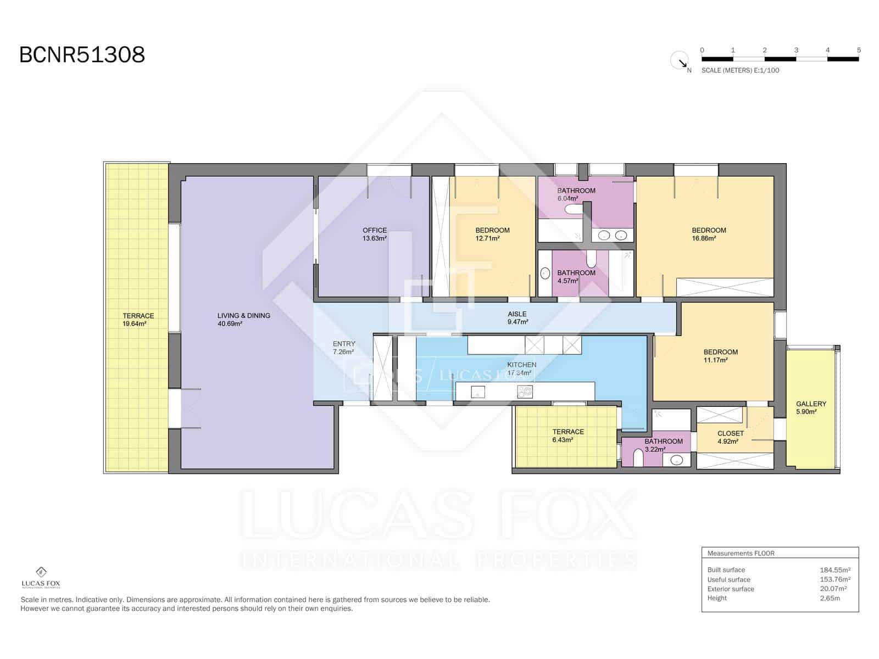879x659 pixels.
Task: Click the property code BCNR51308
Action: tap(82, 55)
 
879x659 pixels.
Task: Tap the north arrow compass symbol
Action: tap(680, 60)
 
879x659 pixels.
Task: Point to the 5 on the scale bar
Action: tap(859, 50)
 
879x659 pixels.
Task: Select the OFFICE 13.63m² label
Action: tap(375, 234)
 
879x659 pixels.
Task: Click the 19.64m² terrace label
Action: tap(138, 320)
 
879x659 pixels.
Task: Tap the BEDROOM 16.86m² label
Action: tap(709, 234)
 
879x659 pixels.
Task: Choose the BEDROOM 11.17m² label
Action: tap(720, 356)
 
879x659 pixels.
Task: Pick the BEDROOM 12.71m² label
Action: tap(492, 234)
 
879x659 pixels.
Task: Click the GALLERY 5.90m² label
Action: tap(811, 407)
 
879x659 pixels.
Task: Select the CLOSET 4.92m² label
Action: tap(730, 437)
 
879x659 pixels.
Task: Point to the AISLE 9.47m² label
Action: tap(517, 318)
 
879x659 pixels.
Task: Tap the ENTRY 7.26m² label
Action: tap(344, 348)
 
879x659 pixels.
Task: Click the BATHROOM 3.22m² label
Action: tap(663, 445)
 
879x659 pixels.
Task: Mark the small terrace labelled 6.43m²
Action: tap(568, 435)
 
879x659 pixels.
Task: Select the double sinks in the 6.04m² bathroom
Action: tap(613, 236)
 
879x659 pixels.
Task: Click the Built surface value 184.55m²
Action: tap(835, 570)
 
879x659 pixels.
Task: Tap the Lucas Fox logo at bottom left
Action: tap(41, 577)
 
